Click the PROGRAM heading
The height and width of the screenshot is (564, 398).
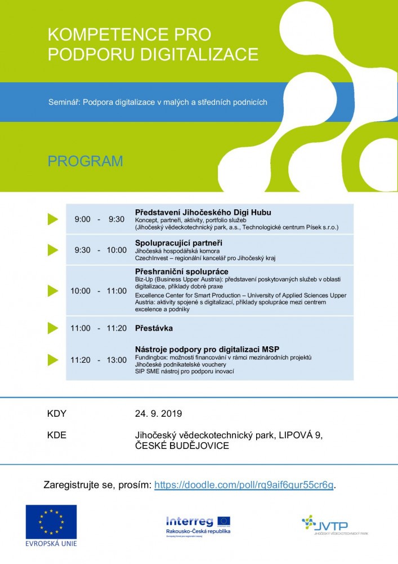pos(85,161)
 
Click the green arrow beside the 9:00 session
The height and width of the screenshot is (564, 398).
pos(53,219)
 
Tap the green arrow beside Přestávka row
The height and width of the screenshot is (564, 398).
pos(53,328)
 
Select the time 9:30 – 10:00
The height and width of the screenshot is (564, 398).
pos(101,250)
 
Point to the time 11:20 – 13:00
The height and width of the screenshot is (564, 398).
pos(99,360)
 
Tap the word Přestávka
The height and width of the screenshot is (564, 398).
pos(154,328)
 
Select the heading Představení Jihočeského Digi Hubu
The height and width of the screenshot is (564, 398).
pos(203,213)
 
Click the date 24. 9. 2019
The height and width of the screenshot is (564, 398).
pos(159,413)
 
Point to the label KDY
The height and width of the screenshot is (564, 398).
pos(57,413)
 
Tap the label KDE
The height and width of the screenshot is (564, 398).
pos(57,435)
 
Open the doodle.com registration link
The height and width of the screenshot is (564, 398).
pos(244,485)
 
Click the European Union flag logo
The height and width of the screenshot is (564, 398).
pos(51,522)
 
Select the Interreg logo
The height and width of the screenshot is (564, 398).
pos(198,525)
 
